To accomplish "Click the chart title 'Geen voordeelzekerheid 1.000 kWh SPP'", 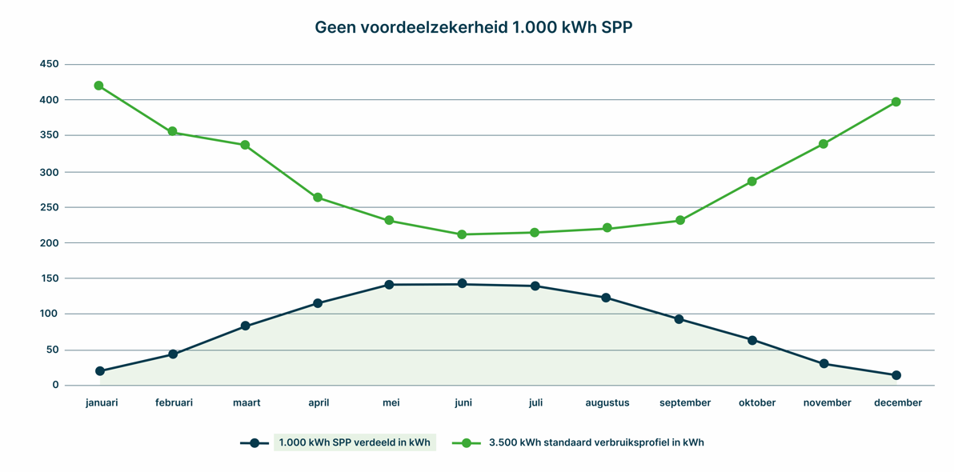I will tap(474, 28).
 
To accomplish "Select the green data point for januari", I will tap(99, 86).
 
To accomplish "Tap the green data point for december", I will tap(896, 102).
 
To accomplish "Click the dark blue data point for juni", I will tap(462, 284).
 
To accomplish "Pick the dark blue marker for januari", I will tap(100, 371).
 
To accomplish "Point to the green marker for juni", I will tap(462, 234).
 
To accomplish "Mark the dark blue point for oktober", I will tap(752, 340).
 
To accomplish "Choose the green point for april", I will tap(318, 198).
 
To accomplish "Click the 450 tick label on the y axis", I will tap(49, 65).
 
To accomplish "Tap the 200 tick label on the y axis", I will tap(49, 243).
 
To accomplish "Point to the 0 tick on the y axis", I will tap(55, 386).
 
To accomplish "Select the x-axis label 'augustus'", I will tap(607, 403).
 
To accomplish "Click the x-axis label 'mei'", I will tap(391, 403).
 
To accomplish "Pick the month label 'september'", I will tap(685, 403).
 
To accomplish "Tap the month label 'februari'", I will tap(174, 403).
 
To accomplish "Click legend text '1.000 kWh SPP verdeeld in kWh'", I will tap(355, 442).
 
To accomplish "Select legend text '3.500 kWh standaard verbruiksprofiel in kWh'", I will tap(596, 442).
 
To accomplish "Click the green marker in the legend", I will tap(466, 443).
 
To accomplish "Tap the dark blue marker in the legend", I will tap(255, 443).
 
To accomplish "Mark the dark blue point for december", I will tap(896, 375).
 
